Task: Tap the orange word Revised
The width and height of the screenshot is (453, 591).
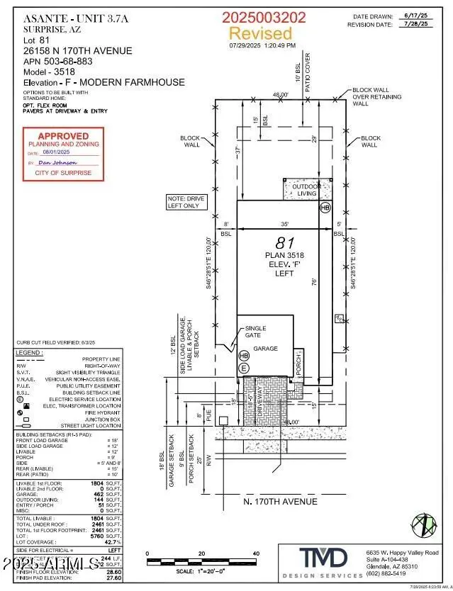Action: click(260, 33)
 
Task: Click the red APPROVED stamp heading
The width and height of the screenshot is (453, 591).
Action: click(63, 136)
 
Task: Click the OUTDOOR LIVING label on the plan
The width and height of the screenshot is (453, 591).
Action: click(307, 189)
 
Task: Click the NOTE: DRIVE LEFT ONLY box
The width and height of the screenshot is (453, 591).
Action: click(186, 203)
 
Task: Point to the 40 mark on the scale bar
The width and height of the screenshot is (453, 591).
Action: click(256, 553)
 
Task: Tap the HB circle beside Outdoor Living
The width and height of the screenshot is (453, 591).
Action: click(325, 208)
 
